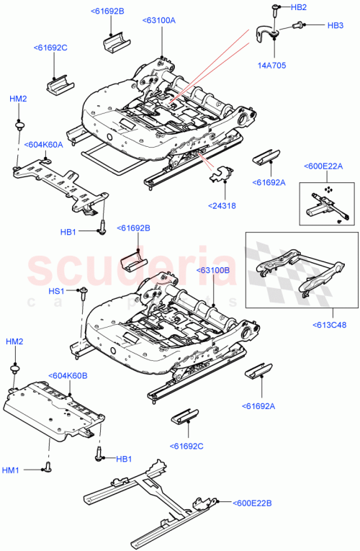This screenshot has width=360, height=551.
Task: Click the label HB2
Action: (x=298, y=7)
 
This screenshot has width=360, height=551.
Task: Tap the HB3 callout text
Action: (x=336, y=25)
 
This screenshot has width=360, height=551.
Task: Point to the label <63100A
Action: (x=159, y=20)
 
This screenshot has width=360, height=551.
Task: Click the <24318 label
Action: (x=223, y=205)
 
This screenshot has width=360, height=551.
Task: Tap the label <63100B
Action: (x=212, y=270)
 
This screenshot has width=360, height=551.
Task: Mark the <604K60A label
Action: (x=44, y=144)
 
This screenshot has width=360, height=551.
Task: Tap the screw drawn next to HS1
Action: (x=84, y=291)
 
